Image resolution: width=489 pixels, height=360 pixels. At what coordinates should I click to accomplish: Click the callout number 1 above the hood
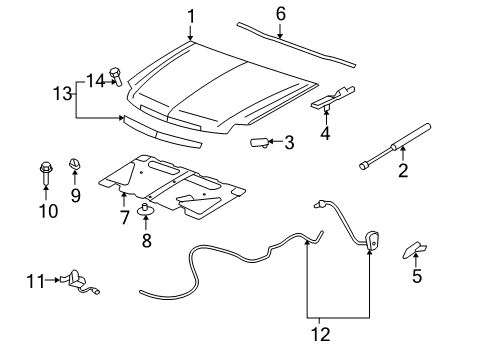point(191,15)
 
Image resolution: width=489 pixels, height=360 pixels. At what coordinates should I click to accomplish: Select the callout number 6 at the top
point(280,13)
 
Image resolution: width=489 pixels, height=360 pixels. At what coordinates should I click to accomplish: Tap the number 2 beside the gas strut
point(404,171)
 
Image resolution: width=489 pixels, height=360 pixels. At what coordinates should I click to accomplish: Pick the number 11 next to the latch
point(33,282)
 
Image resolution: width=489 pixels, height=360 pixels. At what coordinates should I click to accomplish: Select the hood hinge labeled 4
point(337,98)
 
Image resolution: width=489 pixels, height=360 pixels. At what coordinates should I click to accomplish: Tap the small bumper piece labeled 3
point(260,142)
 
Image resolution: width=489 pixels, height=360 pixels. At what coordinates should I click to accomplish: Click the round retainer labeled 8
point(145,211)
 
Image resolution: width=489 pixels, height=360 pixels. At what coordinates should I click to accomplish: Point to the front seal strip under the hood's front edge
point(160,129)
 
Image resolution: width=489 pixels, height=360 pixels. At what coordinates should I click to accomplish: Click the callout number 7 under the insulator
point(124,217)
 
